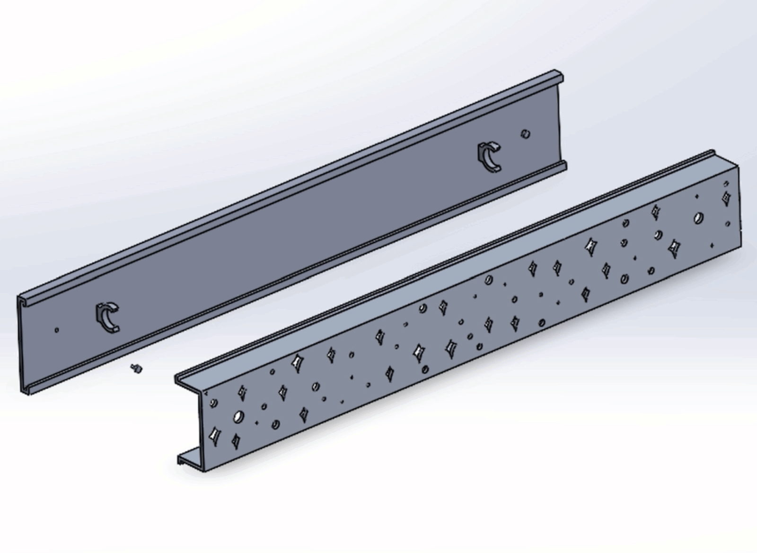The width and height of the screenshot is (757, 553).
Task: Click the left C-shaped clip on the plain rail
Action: coord(107,316)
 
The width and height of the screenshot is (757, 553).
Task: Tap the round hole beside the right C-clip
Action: coord(525,134)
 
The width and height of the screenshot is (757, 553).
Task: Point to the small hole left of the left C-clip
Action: coord(57,330)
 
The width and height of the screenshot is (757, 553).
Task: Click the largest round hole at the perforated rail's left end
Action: coord(238,417)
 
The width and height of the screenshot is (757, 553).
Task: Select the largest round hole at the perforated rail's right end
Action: coord(698,218)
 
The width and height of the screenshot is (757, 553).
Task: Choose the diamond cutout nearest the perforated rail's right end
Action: coord(725,196)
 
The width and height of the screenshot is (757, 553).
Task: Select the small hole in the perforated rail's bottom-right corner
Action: coord(728,224)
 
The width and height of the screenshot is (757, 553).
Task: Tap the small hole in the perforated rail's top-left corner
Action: coord(213,403)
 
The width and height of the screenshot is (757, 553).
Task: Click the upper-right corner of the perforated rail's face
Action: coord(736,165)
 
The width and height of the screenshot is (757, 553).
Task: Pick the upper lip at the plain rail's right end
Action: coord(558,76)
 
